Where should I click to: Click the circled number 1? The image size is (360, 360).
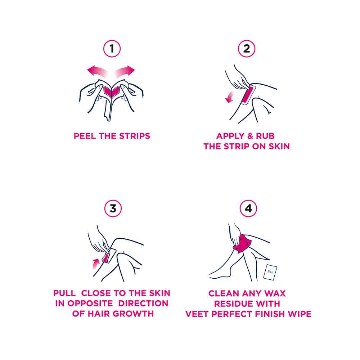(112, 49)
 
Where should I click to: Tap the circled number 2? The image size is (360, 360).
(246, 49)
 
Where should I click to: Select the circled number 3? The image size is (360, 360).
(113, 208)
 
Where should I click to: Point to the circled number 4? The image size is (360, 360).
(248, 208)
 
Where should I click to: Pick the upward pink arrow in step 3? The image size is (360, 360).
(95, 264)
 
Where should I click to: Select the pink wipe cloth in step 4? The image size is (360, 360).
(242, 244)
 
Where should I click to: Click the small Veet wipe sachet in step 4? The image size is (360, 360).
(270, 272)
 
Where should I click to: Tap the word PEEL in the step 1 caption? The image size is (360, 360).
(85, 136)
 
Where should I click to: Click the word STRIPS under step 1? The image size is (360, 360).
(135, 136)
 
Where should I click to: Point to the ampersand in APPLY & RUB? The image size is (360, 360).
(250, 136)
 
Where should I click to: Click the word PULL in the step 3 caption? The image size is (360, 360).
(64, 293)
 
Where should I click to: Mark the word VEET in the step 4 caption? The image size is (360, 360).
(197, 314)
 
